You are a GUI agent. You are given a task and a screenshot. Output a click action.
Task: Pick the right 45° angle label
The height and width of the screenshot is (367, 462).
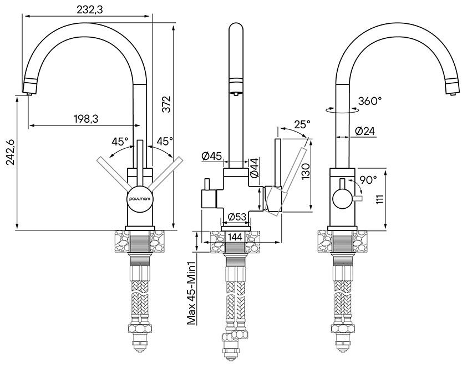click(x=164, y=142)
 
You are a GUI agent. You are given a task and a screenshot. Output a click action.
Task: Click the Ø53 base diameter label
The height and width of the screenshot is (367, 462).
click(x=237, y=217)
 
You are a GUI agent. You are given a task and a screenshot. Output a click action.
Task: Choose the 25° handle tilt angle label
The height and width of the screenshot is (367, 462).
click(x=302, y=124)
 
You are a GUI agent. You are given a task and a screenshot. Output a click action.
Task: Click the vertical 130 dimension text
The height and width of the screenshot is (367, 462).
click(x=304, y=172)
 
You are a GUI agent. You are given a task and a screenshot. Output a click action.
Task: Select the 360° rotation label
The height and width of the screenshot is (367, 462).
click(x=370, y=101)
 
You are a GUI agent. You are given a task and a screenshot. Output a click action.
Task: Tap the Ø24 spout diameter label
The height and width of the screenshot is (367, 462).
click(x=364, y=132)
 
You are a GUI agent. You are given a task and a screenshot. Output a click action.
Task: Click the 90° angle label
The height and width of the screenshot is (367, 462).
click(x=368, y=179)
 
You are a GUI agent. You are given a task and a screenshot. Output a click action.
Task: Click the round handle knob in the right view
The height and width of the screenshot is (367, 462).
click(x=342, y=198)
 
